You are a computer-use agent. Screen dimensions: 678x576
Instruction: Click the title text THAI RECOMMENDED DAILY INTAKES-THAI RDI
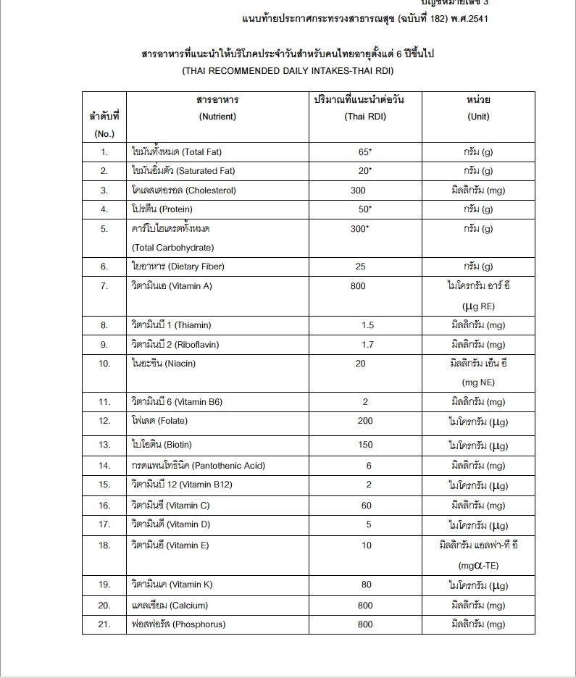click(288, 72)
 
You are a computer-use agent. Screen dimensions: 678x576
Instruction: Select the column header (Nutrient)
click(217, 117)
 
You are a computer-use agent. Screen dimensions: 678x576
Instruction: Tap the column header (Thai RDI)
click(365, 117)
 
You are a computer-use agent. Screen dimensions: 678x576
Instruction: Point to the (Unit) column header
click(478, 117)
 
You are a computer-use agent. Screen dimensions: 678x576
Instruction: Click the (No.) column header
click(104, 134)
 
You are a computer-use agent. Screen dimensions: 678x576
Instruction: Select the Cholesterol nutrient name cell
click(183, 191)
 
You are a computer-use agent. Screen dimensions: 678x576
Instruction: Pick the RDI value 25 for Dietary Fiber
click(361, 267)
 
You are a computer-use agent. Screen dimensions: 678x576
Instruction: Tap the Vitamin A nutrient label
click(172, 286)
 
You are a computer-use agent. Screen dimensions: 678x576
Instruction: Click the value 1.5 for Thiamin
click(367, 325)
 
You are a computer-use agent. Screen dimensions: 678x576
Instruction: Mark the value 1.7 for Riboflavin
click(367, 345)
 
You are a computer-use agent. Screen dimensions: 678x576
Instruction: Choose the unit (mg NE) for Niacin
click(478, 382)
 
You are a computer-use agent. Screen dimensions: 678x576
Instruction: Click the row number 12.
click(104, 421)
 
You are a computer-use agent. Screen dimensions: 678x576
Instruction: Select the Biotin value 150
click(365, 444)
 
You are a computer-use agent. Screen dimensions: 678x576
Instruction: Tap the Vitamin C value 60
click(367, 506)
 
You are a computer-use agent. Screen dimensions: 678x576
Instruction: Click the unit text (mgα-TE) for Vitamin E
click(478, 565)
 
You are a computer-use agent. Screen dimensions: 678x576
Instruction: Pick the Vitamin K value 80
click(367, 585)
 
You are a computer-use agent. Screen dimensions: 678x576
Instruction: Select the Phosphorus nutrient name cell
click(178, 624)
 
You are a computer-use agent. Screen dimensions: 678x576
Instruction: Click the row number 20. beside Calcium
click(104, 605)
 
